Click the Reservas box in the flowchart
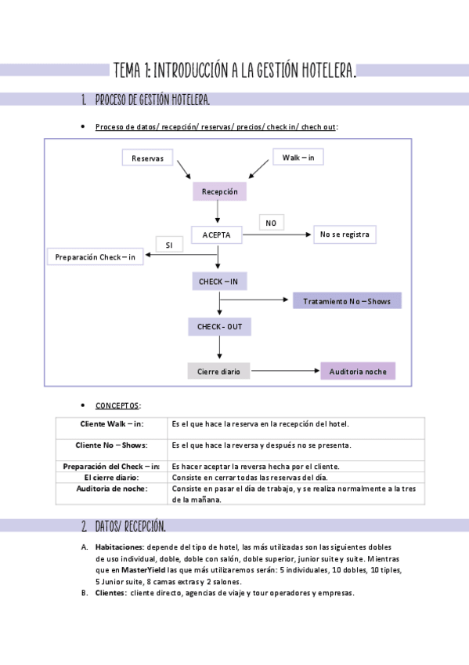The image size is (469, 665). pyautogui.click(x=148, y=158)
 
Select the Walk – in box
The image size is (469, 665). pyautogui.click(x=298, y=158)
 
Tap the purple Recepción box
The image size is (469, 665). pyautogui.click(x=219, y=191)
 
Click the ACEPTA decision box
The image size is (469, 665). pyautogui.click(x=216, y=234)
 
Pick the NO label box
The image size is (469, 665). pyautogui.click(x=271, y=223)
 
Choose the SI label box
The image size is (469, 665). pyautogui.click(x=169, y=245)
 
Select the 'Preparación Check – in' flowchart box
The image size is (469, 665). pyautogui.click(x=96, y=257)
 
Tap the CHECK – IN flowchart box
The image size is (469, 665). pyautogui.click(x=219, y=282)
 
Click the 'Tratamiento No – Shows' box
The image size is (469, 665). pyautogui.click(x=347, y=301)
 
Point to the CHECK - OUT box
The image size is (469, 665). pyautogui.click(x=219, y=326)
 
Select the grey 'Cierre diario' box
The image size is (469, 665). pyautogui.click(x=218, y=371)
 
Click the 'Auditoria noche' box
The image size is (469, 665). pyautogui.click(x=358, y=371)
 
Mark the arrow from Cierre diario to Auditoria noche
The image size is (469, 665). pyautogui.click(x=285, y=371)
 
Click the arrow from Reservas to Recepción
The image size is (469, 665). pyautogui.click(x=185, y=170)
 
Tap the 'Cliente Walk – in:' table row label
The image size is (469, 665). pyautogui.click(x=112, y=424)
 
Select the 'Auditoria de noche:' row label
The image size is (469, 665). pyautogui.click(x=112, y=489)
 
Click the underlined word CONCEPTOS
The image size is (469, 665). pyautogui.click(x=117, y=405)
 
